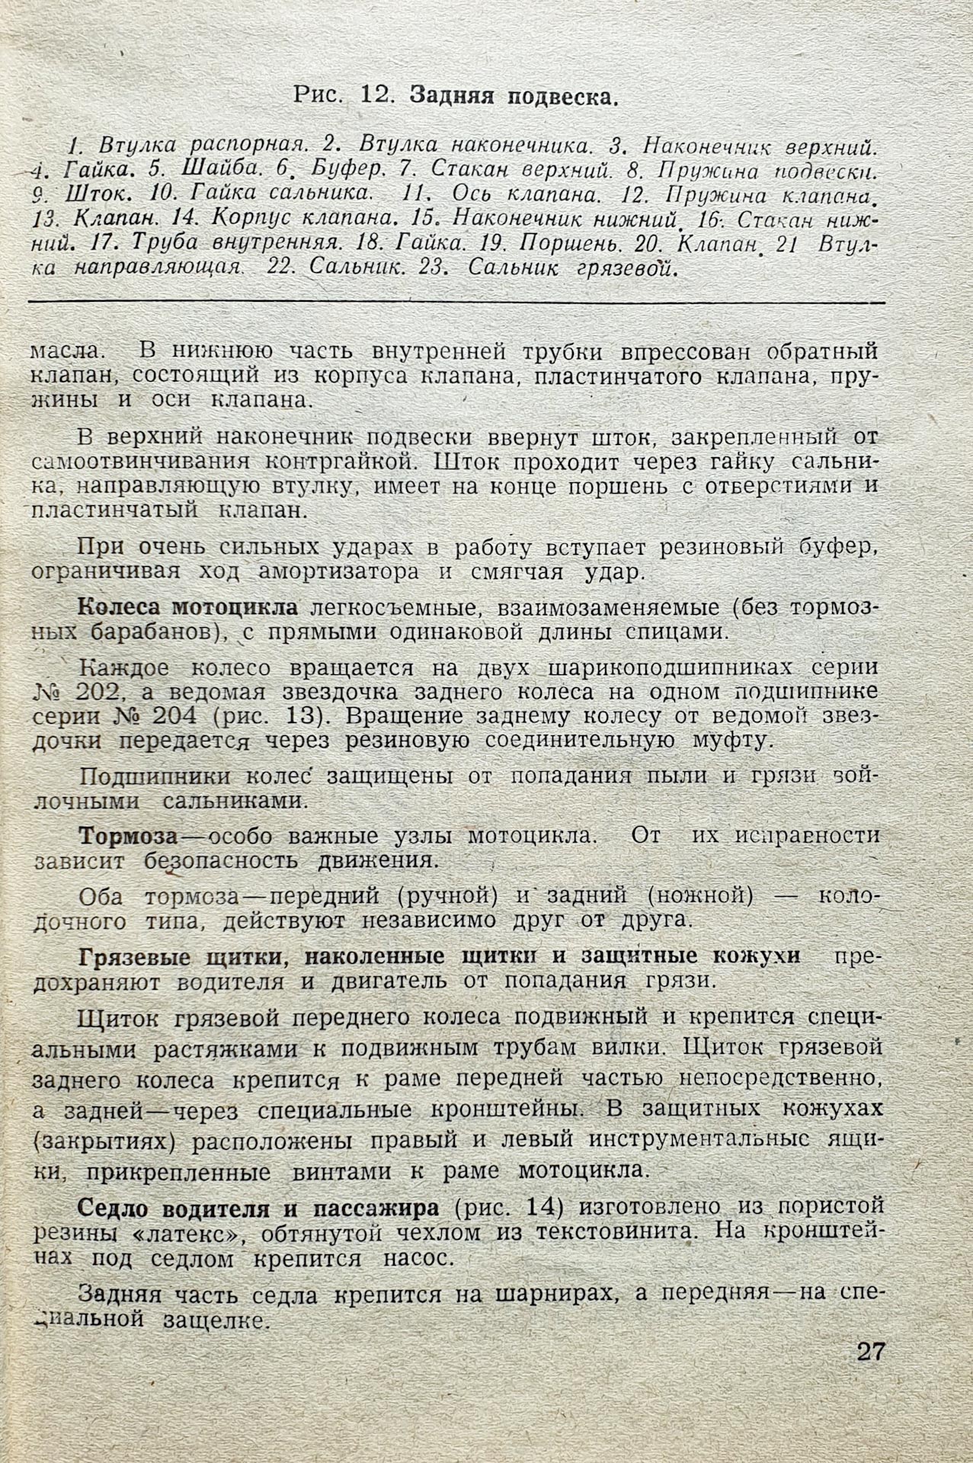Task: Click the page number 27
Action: [870, 1352]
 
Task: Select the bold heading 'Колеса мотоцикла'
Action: [188, 608]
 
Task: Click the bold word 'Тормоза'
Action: [128, 835]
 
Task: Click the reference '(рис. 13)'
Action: [260, 716]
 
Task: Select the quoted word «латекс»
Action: [199, 1232]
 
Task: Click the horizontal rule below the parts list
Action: [457, 303]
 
